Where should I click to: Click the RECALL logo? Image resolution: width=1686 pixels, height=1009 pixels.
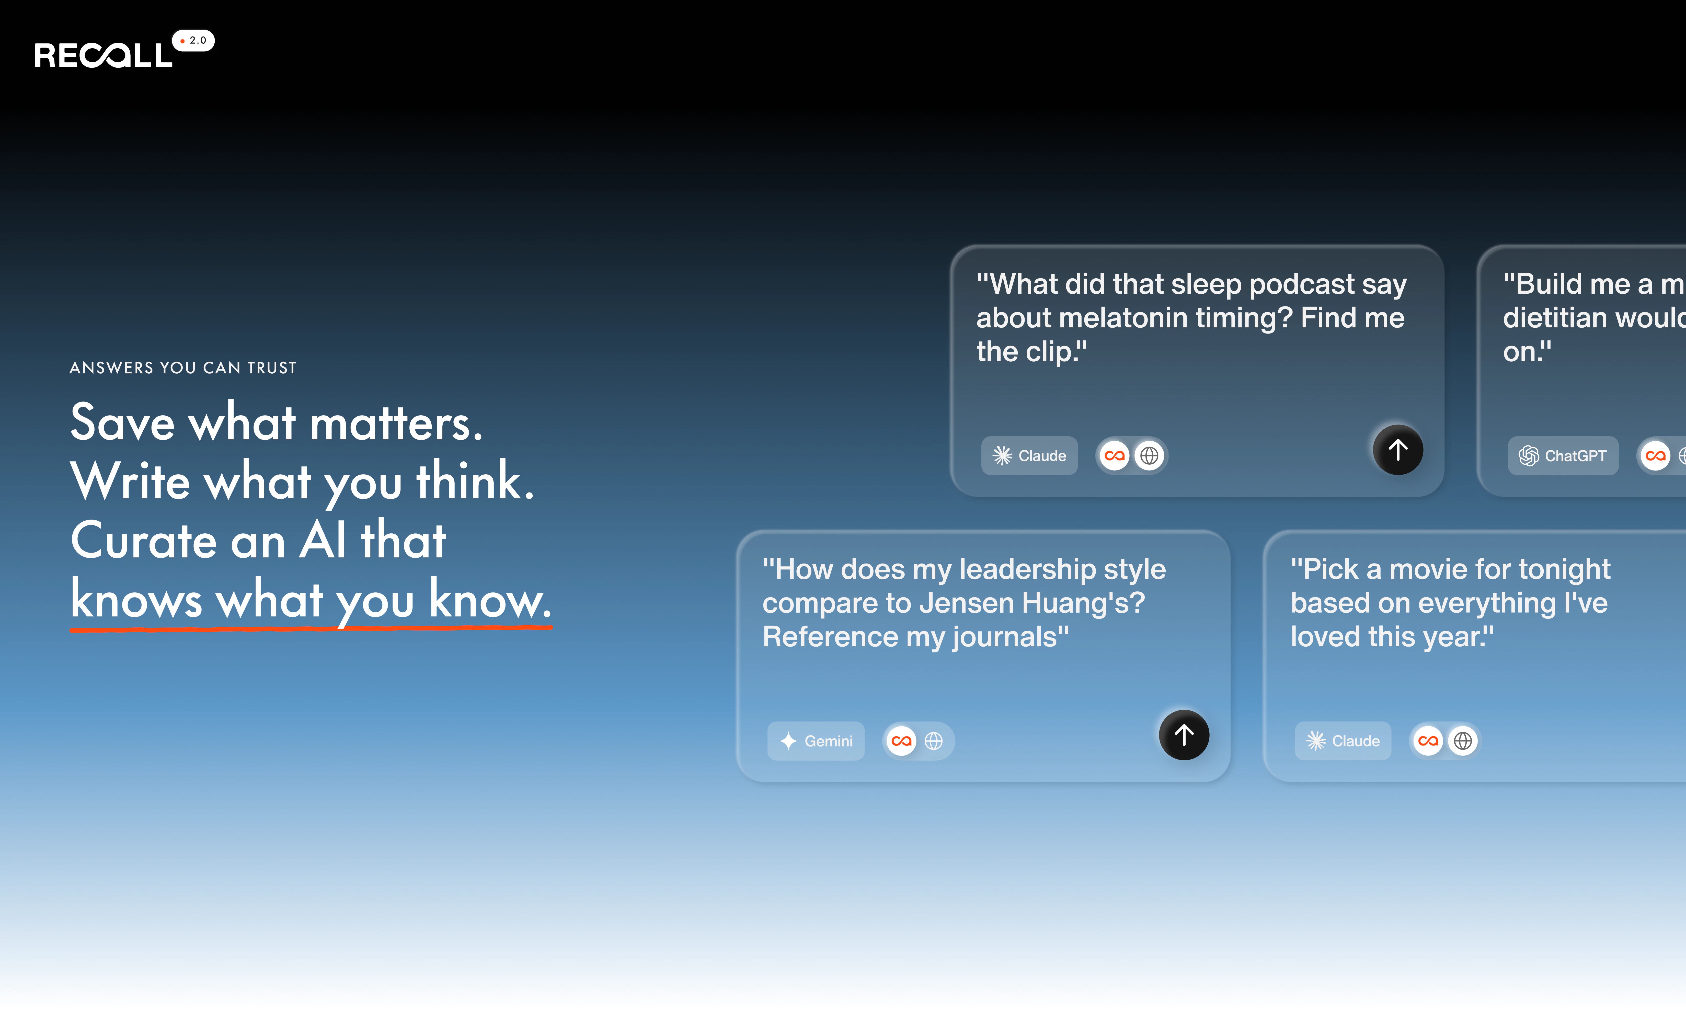(103, 55)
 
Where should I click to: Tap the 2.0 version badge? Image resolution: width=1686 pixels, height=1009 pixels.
(194, 41)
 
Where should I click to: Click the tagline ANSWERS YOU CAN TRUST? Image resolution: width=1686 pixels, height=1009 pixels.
(183, 368)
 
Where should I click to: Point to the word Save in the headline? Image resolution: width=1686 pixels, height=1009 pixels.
(122, 423)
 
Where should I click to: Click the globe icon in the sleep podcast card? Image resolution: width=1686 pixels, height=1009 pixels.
(1149, 455)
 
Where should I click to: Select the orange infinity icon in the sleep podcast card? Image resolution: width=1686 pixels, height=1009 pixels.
(1114, 455)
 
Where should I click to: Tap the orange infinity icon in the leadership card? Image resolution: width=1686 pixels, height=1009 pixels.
(901, 741)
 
